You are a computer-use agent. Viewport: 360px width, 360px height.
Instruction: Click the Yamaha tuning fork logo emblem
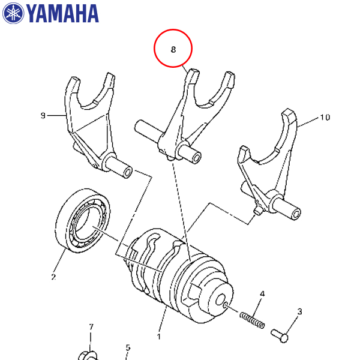coord(14,13)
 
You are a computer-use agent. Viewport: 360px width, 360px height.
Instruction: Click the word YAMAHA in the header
coord(62,13)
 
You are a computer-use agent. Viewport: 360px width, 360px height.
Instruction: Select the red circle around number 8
coord(173,49)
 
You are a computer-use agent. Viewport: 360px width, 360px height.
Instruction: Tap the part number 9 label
coord(43,115)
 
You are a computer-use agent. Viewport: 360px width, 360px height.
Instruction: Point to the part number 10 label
coord(325,118)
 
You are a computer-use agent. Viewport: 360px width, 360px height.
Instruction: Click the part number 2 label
coord(53,277)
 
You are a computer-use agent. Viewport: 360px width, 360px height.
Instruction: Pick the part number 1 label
coord(159,337)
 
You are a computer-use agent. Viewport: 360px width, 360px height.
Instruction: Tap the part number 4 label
coord(262,294)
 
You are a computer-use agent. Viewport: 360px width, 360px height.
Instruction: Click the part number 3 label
coord(299,311)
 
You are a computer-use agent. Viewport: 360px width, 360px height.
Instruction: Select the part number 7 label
coord(91,327)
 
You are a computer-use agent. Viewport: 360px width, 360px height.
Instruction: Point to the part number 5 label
coord(128,347)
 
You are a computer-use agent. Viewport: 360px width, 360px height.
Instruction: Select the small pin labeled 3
coord(280,332)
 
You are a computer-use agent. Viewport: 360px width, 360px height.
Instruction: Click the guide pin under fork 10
coord(256,211)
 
